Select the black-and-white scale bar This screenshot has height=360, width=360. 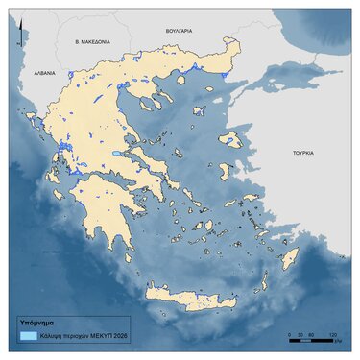pyautogui.click(x=311, y=339)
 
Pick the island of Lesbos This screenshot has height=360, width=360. pyautogui.click(x=231, y=139)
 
